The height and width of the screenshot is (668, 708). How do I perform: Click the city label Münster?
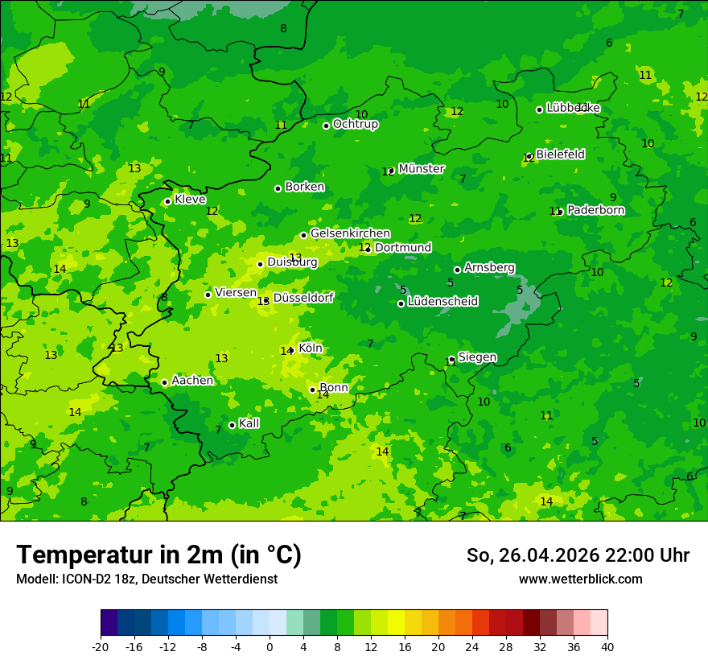421,169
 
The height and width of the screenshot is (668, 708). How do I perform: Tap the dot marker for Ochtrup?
327,126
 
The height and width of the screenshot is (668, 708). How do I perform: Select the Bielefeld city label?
560,154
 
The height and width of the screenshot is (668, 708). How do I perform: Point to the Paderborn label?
595,210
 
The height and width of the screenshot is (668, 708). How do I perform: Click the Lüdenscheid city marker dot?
401,303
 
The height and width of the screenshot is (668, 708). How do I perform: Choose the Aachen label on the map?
192,381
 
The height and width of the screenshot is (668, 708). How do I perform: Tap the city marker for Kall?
232,425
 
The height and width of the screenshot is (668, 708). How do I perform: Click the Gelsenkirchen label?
350,233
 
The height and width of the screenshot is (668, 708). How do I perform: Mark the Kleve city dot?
167,202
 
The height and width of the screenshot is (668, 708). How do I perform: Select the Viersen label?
235,293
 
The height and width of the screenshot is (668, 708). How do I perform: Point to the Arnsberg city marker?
457,270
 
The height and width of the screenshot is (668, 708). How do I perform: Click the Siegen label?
477,357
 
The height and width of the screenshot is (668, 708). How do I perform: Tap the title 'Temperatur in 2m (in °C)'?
158,555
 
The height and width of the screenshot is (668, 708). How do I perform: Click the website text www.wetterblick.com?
580,579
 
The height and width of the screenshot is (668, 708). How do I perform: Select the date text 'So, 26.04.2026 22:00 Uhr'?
578,555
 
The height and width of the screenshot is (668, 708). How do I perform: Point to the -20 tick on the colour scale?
101,646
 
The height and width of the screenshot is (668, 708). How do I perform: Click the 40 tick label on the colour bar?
607,646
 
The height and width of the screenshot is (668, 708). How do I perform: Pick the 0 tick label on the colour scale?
270,646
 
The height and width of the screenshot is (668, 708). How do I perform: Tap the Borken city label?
304,187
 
